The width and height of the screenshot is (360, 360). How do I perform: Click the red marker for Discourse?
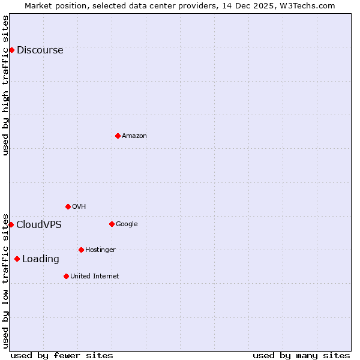(x=11, y=50)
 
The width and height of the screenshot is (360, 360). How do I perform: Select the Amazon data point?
(x=118, y=136)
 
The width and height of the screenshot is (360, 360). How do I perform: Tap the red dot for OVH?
(x=68, y=206)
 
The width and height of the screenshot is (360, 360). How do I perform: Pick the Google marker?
(x=112, y=224)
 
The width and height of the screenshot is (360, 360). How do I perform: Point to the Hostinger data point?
(x=81, y=250)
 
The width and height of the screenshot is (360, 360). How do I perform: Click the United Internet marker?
(x=66, y=276)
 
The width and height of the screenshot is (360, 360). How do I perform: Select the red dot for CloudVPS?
(x=11, y=224)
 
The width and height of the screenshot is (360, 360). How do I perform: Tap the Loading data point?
(x=17, y=259)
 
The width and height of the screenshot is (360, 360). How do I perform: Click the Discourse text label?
(x=40, y=50)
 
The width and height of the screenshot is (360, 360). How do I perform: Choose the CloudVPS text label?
(x=38, y=225)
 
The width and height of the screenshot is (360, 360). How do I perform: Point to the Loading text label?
(x=41, y=259)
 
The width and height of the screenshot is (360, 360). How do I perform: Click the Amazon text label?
(x=134, y=136)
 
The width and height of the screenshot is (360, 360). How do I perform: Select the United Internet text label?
(x=94, y=277)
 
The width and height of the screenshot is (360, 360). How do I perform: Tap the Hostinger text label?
(x=100, y=250)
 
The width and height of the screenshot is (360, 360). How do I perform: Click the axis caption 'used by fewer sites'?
(x=62, y=355)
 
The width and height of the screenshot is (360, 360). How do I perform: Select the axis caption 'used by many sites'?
(x=301, y=355)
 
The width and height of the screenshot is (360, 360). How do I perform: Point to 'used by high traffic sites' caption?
(x=5, y=85)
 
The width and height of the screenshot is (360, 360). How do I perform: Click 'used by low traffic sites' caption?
(x=5, y=280)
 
